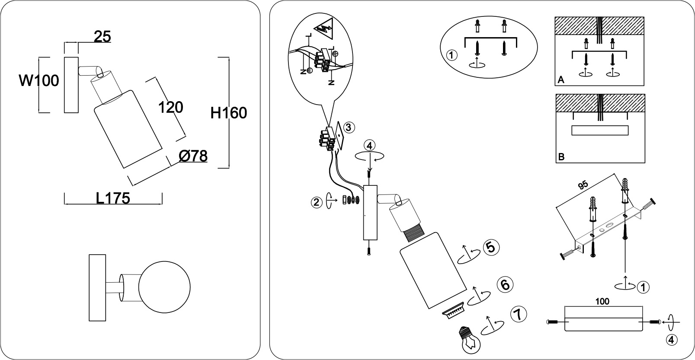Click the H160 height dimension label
(x=229, y=113)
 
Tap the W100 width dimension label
(x=39, y=81)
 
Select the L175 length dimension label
(x=113, y=198)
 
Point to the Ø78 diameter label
(x=193, y=156)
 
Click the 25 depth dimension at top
(x=102, y=37)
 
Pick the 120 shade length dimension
(x=171, y=108)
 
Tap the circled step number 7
(x=519, y=315)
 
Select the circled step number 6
(x=505, y=285)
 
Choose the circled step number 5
(x=491, y=248)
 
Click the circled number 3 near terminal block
(x=349, y=127)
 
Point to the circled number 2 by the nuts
(x=317, y=203)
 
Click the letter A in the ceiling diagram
(x=560, y=80)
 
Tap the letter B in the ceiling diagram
(x=561, y=157)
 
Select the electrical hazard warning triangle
(x=324, y=29)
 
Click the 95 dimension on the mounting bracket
(x=583, y=185)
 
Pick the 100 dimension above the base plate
(x=602, y=301)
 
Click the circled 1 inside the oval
(x=452, y=55)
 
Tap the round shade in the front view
(x=164, y=287)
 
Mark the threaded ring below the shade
(x=453, y=310)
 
